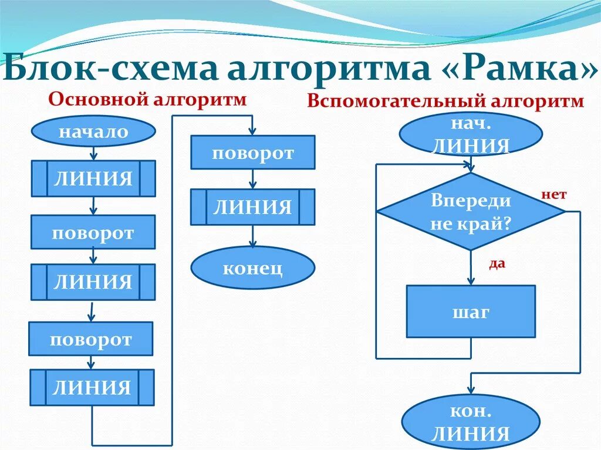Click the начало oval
click(93, 131)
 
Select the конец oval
click(252, 268)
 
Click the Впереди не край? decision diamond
click(471, 211)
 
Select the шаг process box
click(471, 312)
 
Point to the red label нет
click(553, 195)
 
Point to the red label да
click(497, 264)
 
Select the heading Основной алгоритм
click(147, 99)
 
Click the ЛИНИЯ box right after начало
click(93, 178)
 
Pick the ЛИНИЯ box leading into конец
click(252, 207)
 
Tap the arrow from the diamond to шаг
click(471, 268)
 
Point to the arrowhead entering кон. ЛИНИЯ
click(471, 390)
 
